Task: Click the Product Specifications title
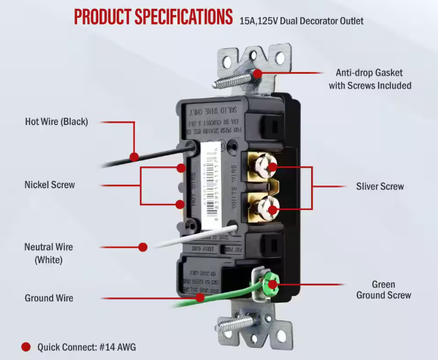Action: pyautogui.click(x=153, y=17)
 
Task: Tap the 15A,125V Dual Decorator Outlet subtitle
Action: pyautogui.click(x=301, y=21)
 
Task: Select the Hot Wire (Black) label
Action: pyautogui.click(x=57, y=122)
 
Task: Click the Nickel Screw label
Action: pyautogui.click(x=50, y=184)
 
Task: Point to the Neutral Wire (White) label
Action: pyautogui.click(x=48, y=253)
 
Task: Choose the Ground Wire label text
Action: pyautogui.click(x=48, y=298)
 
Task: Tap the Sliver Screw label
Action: pyautogui.click(x=379, y=186)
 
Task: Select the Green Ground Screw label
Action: pyautogui.click(x=383, y=290)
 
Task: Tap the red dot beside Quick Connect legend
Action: pyautogui.click(x=26, y=347)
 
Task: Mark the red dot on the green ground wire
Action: pyautogui.click(x=200, y=297)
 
